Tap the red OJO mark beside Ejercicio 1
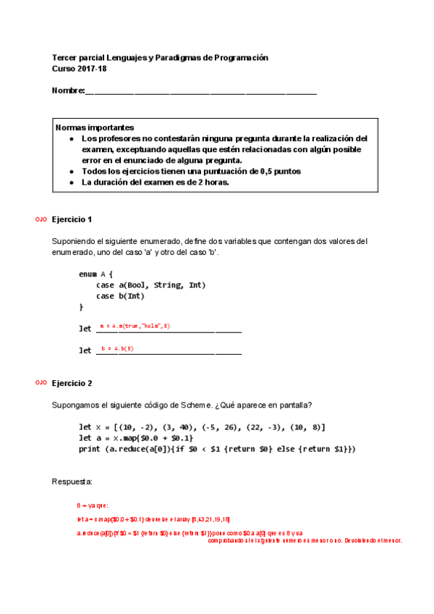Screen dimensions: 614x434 tap(41, 219)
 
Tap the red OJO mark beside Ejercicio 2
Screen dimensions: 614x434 tap(41, 382)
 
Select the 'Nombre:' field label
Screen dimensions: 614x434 tap(68, 91)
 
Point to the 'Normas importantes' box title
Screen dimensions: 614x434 tap(94, 127)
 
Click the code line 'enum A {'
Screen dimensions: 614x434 tap(95, 274)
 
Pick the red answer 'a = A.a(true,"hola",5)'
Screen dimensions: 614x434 tap(135, 327)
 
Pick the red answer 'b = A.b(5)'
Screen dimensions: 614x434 tap(117, 348)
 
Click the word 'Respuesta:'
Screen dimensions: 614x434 tap(72, 481)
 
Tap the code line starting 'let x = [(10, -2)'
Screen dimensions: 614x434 tap(202, 426)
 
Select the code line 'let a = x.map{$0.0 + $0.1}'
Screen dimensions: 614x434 tap(136, 438)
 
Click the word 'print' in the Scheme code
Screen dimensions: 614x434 tap(90, 449)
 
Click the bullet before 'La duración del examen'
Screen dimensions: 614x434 tap(71, 182)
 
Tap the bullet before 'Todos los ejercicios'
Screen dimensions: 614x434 tap(71, 172)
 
